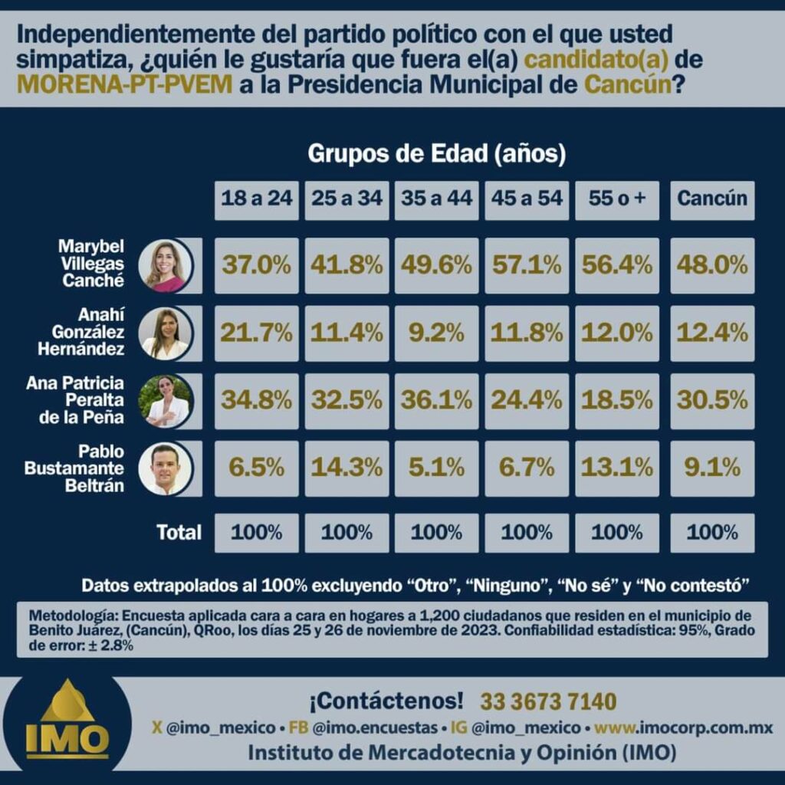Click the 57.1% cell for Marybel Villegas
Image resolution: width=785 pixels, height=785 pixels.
coord(527,265)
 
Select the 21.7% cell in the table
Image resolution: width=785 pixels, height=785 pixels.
coord(257,333)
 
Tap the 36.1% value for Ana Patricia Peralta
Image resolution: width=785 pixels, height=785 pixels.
coord(437,400)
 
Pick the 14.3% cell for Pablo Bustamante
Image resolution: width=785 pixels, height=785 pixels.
coord(347,468)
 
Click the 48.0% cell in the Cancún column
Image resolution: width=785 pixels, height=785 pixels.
coord(712,265)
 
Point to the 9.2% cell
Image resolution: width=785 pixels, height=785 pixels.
coord(437,333)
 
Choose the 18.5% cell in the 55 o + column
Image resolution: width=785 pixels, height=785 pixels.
coord(617,400)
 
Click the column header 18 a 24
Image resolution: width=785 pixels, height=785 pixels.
coord(257,199)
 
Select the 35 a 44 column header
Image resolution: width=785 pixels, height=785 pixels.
coord(437,199)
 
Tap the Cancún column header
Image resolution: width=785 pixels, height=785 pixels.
coord(712,199)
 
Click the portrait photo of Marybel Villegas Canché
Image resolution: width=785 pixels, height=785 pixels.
coord(166,266)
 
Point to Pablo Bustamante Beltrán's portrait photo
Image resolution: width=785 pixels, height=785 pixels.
coord(164,468)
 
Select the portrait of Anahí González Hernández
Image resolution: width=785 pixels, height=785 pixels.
coord(165,333)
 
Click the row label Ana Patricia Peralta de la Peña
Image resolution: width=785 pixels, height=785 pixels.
coord(75,401)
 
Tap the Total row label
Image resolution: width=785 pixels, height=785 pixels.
coord(179,532)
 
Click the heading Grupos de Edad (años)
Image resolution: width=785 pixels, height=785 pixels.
coord(437,154)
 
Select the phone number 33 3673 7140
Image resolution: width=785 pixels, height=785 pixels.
coord(548,701)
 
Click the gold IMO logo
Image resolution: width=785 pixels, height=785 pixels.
coord(67,724)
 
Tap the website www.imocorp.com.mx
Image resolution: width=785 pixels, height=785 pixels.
coord(684,728)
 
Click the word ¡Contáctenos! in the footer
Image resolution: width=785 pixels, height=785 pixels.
coord(386,701)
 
